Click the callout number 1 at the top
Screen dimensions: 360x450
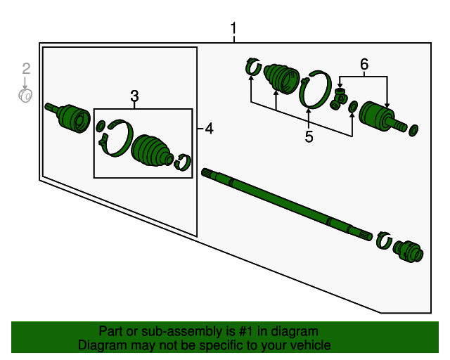(233, 29)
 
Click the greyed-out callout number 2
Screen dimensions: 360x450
(26, 68)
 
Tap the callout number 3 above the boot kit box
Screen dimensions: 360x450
(134, 96)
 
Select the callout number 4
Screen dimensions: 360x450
(209, 128)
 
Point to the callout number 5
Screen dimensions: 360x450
(309, 136)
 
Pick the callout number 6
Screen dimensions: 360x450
(364, 65)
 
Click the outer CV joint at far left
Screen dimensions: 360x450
(70, 117)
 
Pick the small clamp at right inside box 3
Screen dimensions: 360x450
(184, 161)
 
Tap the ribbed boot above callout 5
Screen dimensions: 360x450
(281, 78)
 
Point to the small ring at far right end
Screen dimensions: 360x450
(413, 129)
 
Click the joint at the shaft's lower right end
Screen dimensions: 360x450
(407, 250)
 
